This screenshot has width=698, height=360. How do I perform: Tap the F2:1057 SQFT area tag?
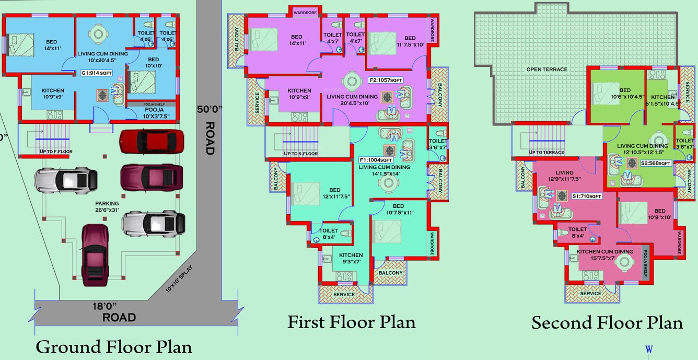pyautogui.click(x=386, y=80)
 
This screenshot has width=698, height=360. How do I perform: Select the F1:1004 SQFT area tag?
pyautogui.click(x=376, y=160)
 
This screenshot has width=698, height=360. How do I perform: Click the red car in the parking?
pyautogui.click(x=152, y=141)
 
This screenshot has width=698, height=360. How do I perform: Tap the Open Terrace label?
pyautogui.click(x=546, y=69)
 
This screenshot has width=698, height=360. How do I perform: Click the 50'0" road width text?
pyautogui.click(x=210, y=110)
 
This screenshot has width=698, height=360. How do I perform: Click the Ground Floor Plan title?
pyautogui.click(x=113, y=347)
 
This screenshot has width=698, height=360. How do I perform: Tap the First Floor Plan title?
pyautogui.click(x=351, y=322)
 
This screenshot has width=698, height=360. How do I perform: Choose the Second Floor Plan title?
pyautogui.click(x=607, y=323)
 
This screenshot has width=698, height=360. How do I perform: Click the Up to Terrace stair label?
pyautogui.click(x=546, y=153)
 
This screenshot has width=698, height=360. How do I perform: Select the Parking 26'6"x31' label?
pyautogui.click(x=107, y=207)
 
